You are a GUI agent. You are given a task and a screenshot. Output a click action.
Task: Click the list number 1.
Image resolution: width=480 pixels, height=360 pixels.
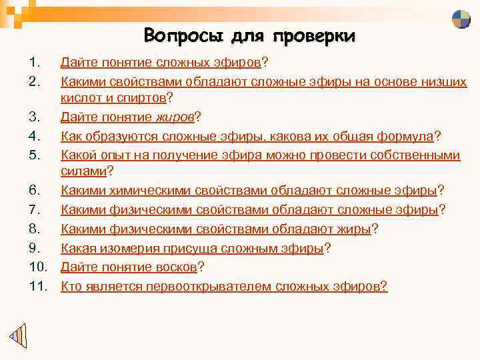point(35,63)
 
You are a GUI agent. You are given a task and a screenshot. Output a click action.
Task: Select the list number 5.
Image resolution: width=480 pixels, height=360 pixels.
point(35,155)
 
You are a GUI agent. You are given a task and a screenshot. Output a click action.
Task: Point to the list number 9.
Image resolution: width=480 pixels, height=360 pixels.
point(35,249)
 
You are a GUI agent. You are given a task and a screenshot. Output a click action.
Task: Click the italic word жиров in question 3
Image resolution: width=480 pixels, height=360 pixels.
point(177,117)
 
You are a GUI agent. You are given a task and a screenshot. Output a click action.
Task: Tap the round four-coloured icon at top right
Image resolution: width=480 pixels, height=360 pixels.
point(461,19)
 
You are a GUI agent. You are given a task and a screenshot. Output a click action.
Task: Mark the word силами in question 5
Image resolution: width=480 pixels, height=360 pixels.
point(83,173)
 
